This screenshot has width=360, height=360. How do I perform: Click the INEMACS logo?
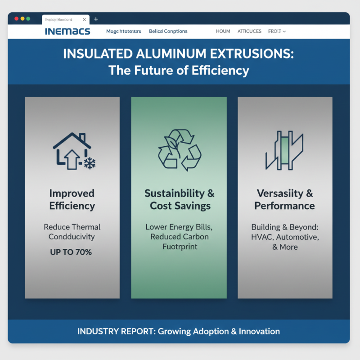pyautogui.click(x=67, y=31)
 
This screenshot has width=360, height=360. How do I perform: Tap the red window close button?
pyautogui.click(x=17, y=19)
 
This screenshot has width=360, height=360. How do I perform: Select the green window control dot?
pyautogui.click(x=28, y=19)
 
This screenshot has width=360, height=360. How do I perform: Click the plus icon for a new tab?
pyautogui.click(x=96, y=19)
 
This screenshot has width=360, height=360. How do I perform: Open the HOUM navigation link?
pyautogui.click(x=223, y=31)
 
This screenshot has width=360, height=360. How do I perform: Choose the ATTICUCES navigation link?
pyautogui.click(x=249, y=31)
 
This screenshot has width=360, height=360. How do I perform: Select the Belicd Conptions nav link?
pyautogui.click(x=168, y=31)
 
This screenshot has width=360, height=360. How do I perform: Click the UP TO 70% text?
pyautogui.click(x=71, y=252)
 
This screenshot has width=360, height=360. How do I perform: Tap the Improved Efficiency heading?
pyautogui.click(x=72, y=200)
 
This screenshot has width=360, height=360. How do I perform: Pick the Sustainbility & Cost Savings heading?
pyautogui.click(x=179, y=200)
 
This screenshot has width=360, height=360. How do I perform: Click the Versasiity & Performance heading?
pyautogui.click(x=284, y=200)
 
